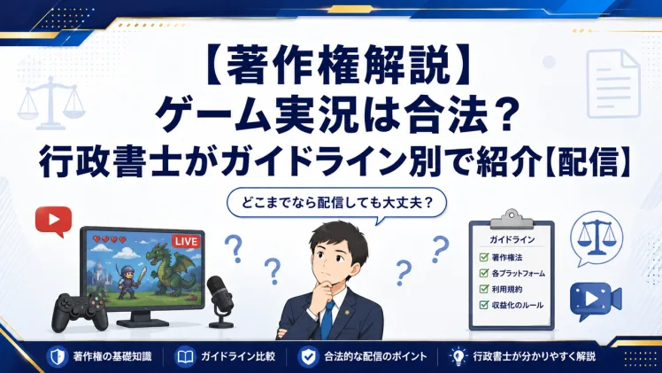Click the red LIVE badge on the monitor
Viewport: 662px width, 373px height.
tap(186, 241)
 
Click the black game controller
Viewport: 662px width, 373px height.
tap(81, 311)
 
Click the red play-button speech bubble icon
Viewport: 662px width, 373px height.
tap(54, 221)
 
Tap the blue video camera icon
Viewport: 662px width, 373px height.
tap(596, 299)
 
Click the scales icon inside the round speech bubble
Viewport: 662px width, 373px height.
tap(597, 238)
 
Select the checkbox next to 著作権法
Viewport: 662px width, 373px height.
tap(484, 257)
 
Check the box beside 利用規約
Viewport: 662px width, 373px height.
tap(484, 289)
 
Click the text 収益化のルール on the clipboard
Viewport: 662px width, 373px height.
tap(518, 305)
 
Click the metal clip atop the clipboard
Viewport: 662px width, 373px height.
tap(512, 219)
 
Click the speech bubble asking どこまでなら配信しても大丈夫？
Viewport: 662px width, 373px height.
tap(337, 204)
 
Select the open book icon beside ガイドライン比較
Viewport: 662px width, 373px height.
tap(185, 357)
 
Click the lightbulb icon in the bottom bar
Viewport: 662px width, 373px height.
tap(458, 356)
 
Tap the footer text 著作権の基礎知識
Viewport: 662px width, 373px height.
tap(112, 356)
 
